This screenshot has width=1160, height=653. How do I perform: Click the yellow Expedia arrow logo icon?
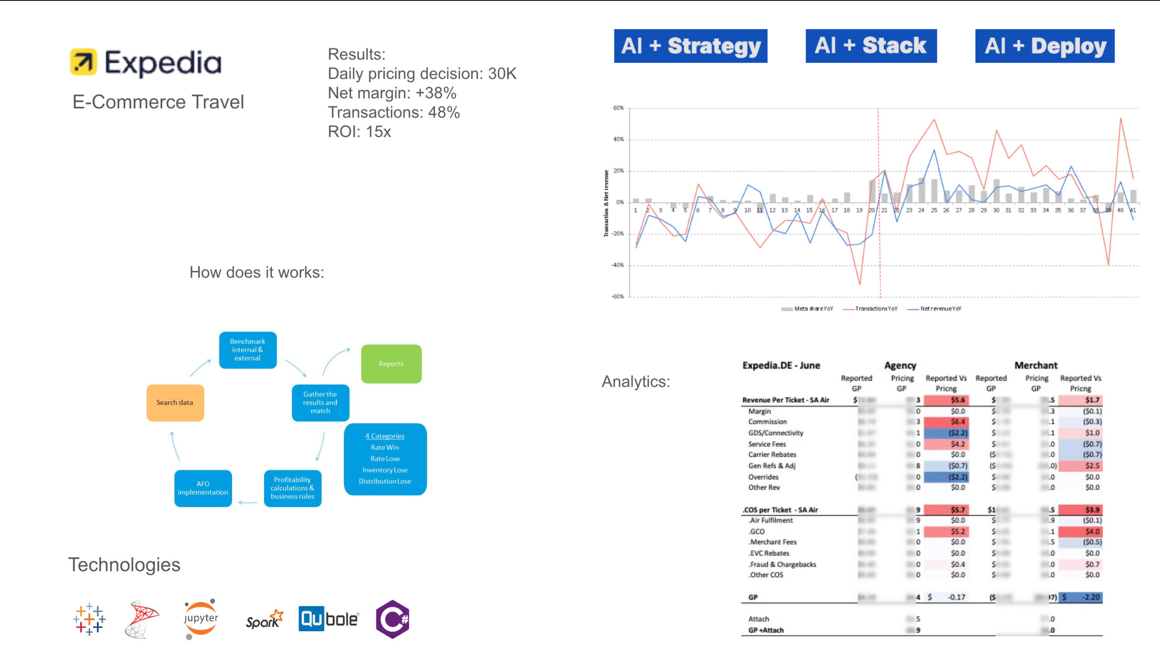coord(83,62)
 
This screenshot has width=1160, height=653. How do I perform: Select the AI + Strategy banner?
coord(690,46)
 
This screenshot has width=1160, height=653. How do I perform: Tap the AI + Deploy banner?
coord(1044,46)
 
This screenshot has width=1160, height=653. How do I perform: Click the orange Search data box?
coord(175,403)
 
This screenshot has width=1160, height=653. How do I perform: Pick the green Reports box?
coord(391,364)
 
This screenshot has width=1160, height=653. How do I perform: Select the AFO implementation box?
coord(203,488)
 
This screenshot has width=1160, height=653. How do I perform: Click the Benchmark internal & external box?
coord(247,350)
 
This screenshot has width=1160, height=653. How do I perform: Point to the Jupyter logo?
coord(201,619)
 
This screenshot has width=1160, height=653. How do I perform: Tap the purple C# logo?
coord(392,619)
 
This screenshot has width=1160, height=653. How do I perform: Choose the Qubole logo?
coord(329,619)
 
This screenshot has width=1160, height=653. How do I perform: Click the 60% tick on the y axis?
coord(618,108)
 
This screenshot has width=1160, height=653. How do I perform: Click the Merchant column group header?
coord(1035,365)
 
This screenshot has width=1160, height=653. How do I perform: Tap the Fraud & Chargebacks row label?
coord(782,565)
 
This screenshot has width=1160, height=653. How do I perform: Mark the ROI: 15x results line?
coord(359,132)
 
